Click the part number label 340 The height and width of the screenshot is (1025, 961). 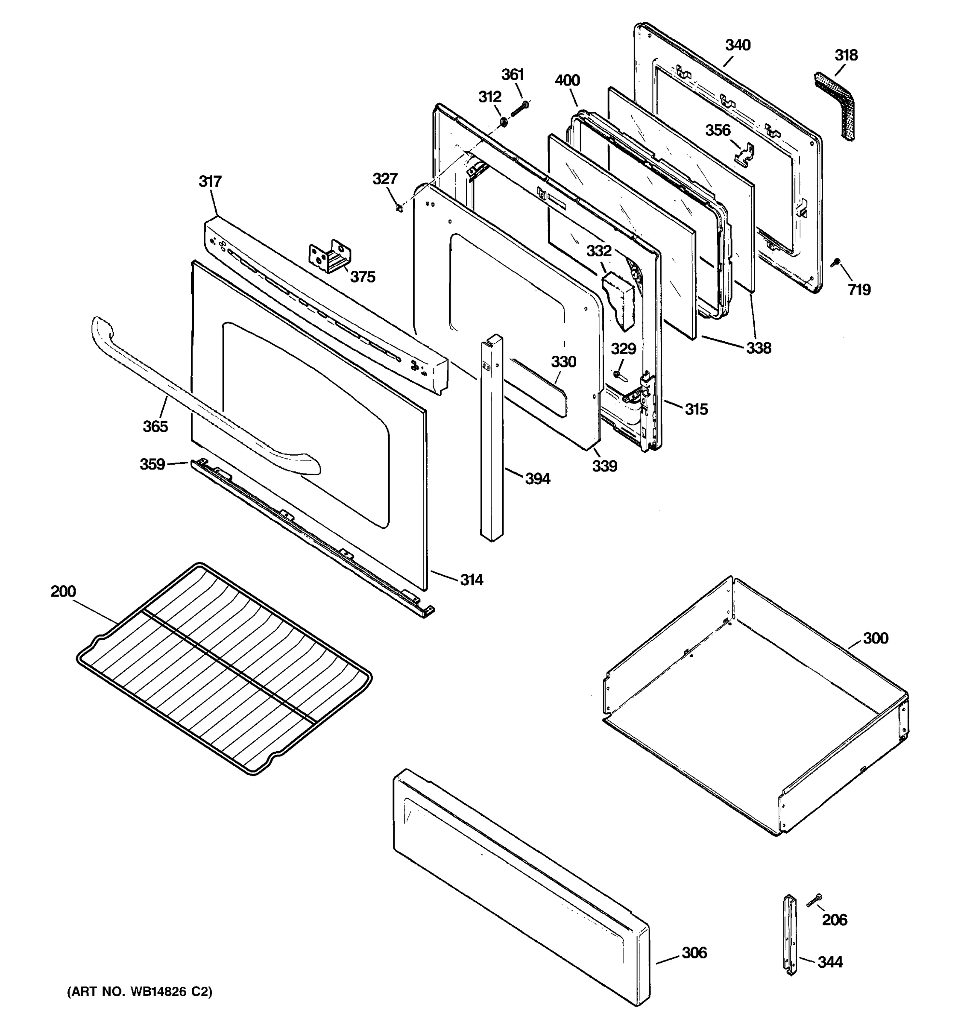click(x=738, y=45)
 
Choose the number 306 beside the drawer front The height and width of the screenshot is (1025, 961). click(x=694, y=953)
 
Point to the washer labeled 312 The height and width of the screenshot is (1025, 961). click(x=503, y=122)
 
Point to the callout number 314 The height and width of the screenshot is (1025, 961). click(x=472, y=580)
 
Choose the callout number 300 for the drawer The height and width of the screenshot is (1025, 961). click(x=876, y=638)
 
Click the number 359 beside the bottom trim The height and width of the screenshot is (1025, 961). click(x=152, y=464)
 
